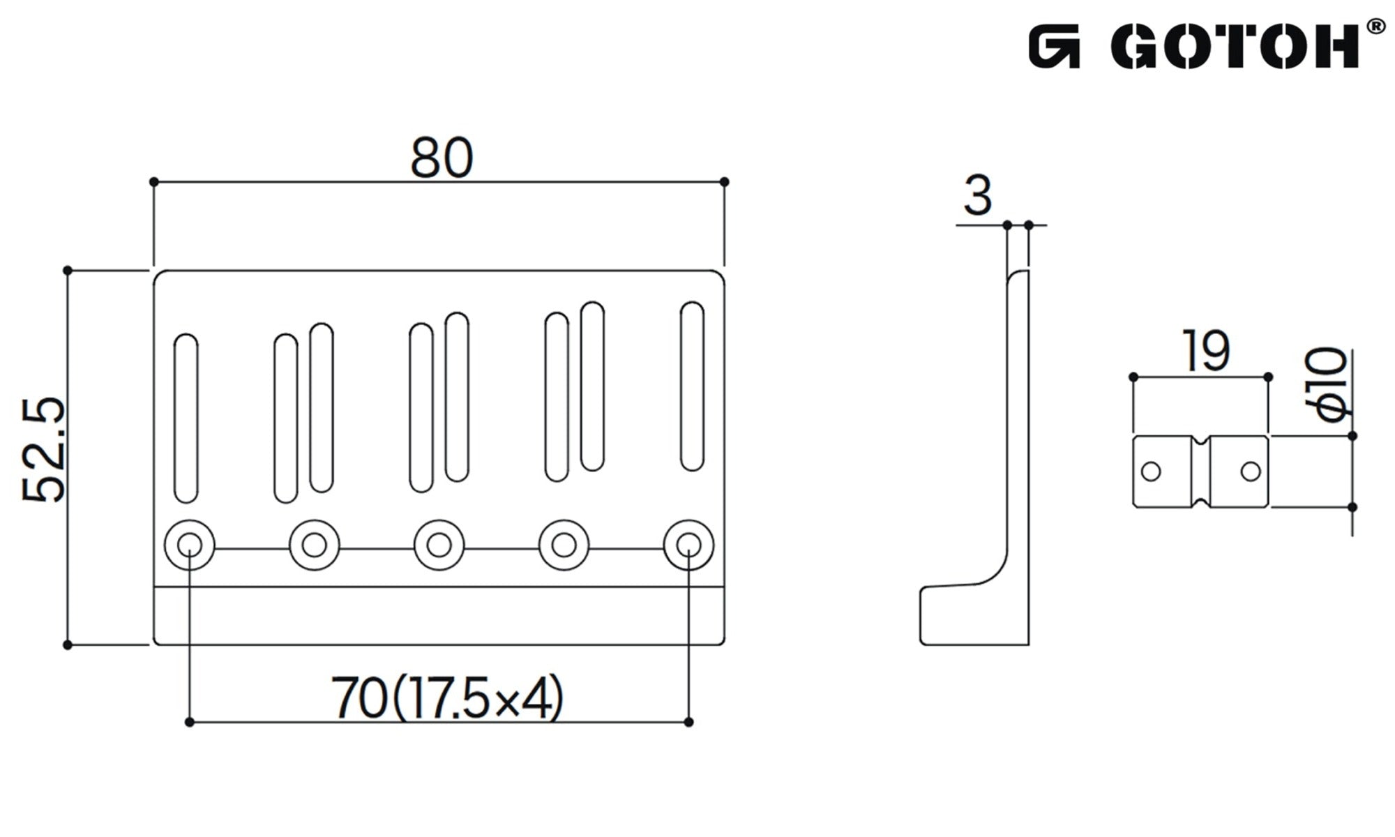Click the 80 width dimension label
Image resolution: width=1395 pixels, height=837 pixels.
442,158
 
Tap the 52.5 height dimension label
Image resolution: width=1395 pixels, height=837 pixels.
43,451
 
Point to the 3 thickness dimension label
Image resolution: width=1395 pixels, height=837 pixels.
977,196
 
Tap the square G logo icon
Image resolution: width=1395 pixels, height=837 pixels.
1054,47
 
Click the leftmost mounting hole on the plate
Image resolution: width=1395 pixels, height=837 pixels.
190,545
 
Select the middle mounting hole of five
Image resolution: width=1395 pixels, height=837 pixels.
439,545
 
